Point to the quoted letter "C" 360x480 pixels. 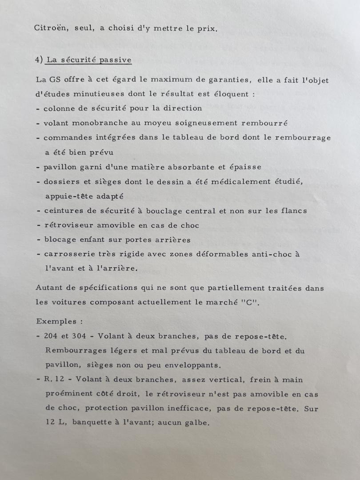(252, 303)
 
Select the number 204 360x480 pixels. (51, 336)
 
